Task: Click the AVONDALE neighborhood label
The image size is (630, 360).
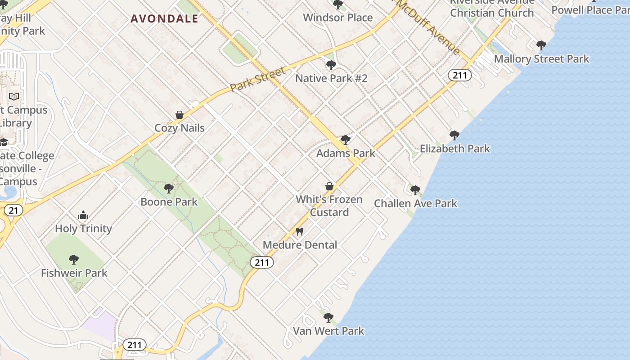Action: (164, 19)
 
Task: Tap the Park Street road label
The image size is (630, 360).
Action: (258, 80)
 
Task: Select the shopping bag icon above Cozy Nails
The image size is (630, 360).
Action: (180, 115)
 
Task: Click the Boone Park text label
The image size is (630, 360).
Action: (169, 202)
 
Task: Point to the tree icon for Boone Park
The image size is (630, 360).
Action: (169, 189)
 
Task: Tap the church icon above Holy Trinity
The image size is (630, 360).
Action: (83, 216)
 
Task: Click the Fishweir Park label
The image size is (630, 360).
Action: (74, 273)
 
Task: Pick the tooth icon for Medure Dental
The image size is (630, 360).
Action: (300, 232)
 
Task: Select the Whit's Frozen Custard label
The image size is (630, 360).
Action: (329, 206)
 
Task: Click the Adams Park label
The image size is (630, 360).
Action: (346, 153)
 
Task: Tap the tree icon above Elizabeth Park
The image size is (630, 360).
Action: (454, 135)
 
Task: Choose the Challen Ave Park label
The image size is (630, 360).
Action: (415, 203)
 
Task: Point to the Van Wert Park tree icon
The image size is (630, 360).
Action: (328, 318)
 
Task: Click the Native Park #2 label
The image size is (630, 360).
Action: (331, 78)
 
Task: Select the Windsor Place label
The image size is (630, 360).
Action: (337, 18)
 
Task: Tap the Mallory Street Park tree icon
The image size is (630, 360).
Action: (541, 45)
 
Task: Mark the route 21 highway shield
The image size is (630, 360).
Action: (13, 210)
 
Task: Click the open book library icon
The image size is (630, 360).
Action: (14, 96)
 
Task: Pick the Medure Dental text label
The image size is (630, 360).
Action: (300, 245)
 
